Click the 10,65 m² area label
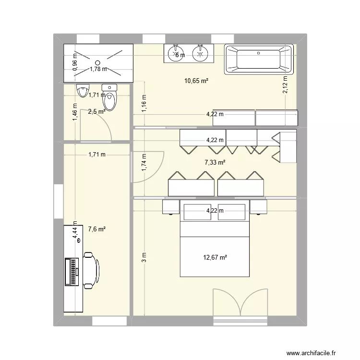pyautogui.click(x=196, y=81)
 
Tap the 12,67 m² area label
pyautogui.click(x=215, y=257)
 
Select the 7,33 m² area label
pyautogui.click(x=215, y=163)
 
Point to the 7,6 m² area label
pyautogui.click(x=96, y=229)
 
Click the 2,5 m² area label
pyautogui.click(x=96, y=112)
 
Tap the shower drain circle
pyautogui.click(x=97, y=62)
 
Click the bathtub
pyautogui.click(x=259, y=59)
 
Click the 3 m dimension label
pyautogui.click(x=144, y=258)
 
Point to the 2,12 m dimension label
pyautogui.click(x=285, y=86)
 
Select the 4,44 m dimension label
pyautogui.click(x=75, y=232)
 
